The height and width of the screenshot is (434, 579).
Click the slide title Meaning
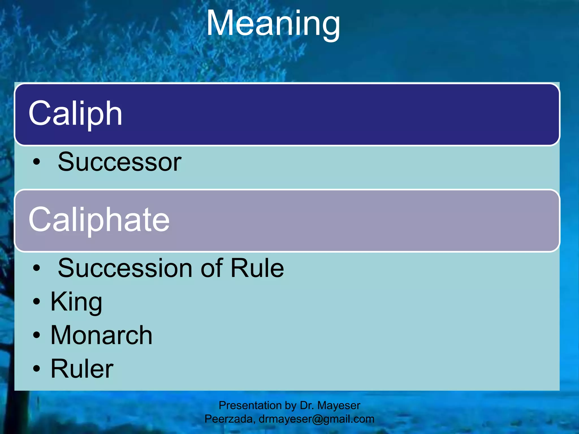coord(273,23)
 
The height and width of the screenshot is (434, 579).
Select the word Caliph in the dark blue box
coord(75,114)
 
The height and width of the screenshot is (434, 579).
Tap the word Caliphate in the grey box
coord(99,219)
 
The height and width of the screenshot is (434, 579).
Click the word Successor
coord(119,162)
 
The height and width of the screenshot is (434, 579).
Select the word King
coord(76,302)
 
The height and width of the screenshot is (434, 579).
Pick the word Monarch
coord(101,335)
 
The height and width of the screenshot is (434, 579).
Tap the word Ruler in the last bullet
coord(82,368)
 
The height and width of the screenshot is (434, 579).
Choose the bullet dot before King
coord(36,302)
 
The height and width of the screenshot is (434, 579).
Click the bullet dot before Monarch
coord(36,335)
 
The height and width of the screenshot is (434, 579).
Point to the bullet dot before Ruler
coord(36,369)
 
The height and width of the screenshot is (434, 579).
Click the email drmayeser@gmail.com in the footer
coord(316,419)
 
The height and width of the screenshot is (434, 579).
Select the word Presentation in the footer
coord(250,405)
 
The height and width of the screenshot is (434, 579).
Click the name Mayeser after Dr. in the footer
coord(339,405)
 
